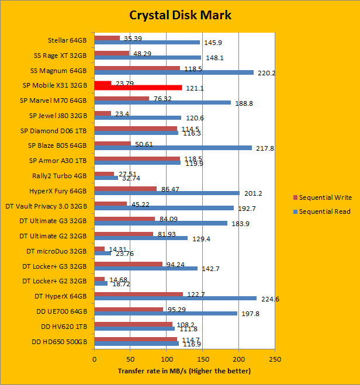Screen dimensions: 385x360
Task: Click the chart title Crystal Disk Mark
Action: point(180,15)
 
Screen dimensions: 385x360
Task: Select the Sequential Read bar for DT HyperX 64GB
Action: point(175,297)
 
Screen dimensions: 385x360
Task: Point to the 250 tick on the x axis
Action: point(275,359)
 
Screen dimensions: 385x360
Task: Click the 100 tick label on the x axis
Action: point(167,359)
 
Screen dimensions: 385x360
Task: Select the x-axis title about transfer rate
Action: point(184,371)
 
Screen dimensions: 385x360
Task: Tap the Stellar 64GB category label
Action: point(67,40)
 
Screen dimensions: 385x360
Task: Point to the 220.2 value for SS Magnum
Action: point(266,73)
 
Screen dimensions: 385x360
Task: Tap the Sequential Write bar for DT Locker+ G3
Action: point(128,263)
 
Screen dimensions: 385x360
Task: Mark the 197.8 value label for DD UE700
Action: point(248,314)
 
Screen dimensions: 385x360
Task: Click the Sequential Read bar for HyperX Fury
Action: point(167,193)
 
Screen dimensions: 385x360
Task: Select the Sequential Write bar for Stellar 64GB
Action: point(107,38)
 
